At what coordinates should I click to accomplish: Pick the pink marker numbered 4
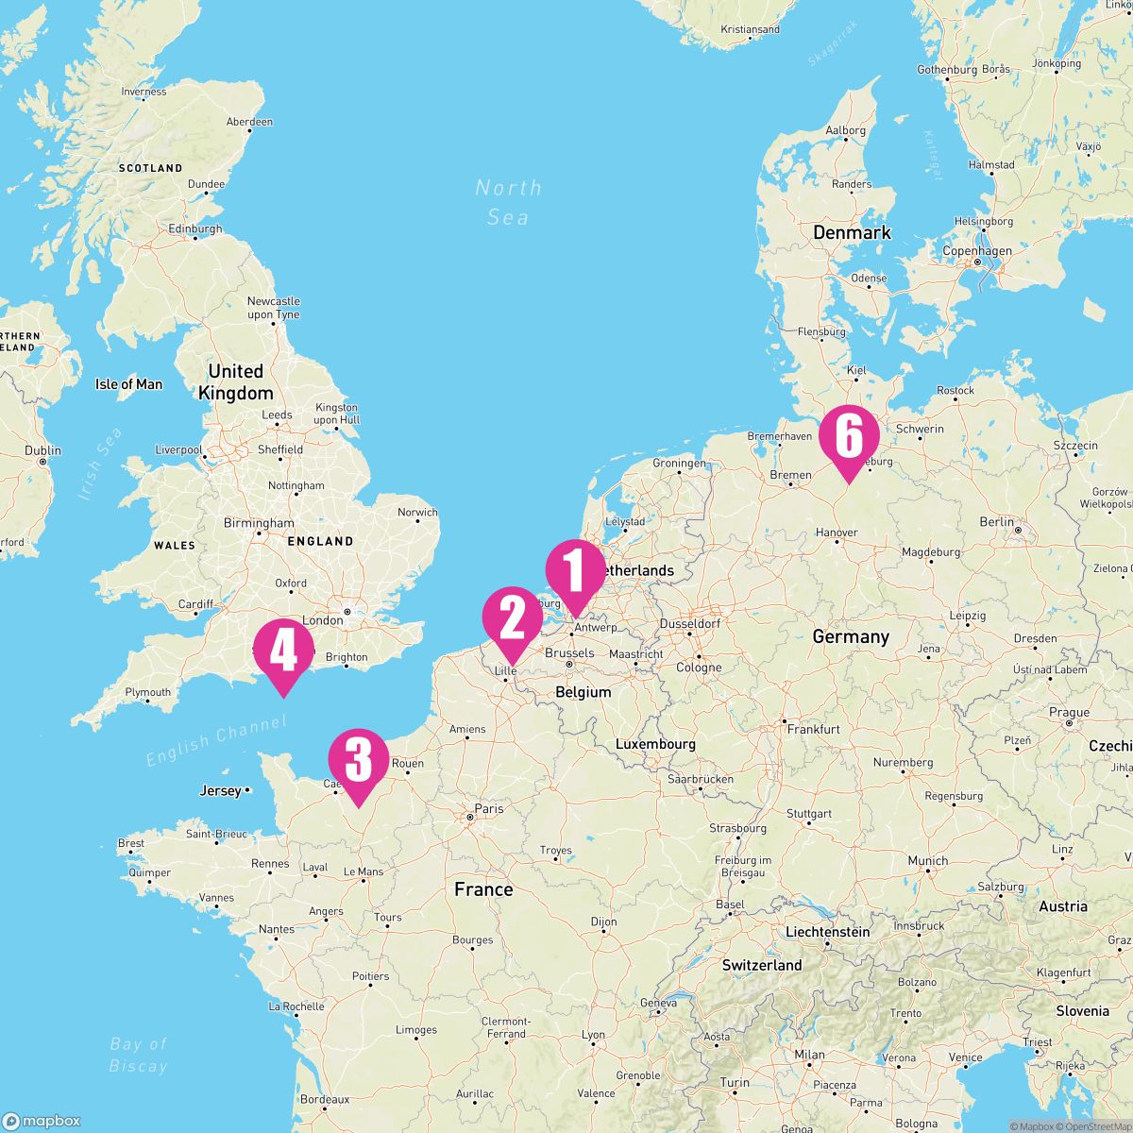tap(282, 651)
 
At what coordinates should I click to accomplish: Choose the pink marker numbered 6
tap(848, 437)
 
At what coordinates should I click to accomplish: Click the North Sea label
tap(508, 202)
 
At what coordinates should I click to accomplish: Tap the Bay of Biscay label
tap(138, 1055)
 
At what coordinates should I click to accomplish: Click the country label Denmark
tap(852, 232)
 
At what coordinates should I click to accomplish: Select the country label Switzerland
tap(762, 965)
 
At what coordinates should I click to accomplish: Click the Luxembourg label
tap(655, 744)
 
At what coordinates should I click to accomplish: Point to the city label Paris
tap(489, 808)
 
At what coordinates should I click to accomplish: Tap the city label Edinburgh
tap(194, 228)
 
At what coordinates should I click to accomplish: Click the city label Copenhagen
tap(976, 251)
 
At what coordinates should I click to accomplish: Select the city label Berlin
tap(996, 521)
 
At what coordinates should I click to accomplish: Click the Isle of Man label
tap(128, 384)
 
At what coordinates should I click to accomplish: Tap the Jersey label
tap(221, 790)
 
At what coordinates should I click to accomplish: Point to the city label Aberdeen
tap(249, 122)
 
